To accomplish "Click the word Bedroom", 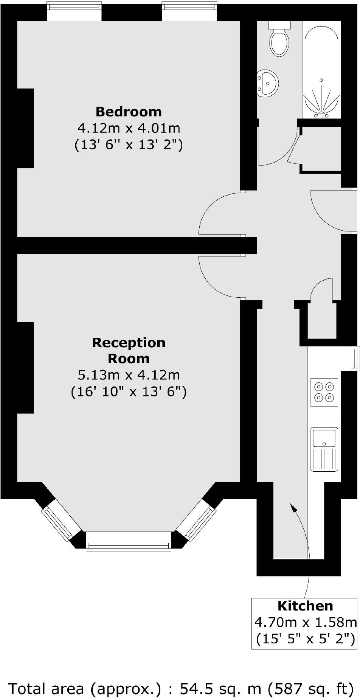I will (129, 112).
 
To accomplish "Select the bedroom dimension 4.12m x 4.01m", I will (129, 128).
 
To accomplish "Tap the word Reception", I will (129, 343).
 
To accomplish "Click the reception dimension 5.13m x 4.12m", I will (129, 375).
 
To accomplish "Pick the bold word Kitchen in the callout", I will (305, 606).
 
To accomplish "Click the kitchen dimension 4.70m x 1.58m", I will (305, 622).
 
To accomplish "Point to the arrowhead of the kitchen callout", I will (292, 506).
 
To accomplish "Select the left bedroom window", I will (74, 11).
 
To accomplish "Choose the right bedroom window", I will (189, 11).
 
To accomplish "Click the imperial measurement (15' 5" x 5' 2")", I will (305, 639).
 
